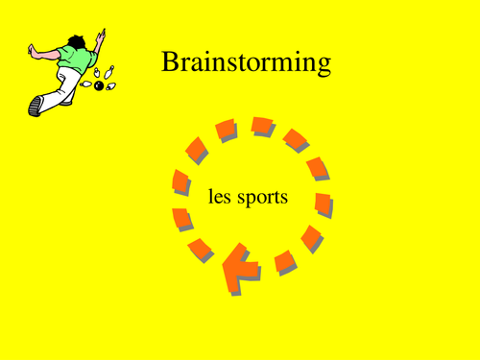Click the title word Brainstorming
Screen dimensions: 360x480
pos(247,63)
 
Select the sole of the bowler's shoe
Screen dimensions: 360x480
pos(36,104)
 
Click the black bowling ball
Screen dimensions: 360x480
pos(98,86)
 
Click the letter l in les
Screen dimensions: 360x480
pos(210,197)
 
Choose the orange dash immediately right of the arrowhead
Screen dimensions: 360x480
pos(284,259)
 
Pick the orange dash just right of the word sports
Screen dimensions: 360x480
pos(324,204)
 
